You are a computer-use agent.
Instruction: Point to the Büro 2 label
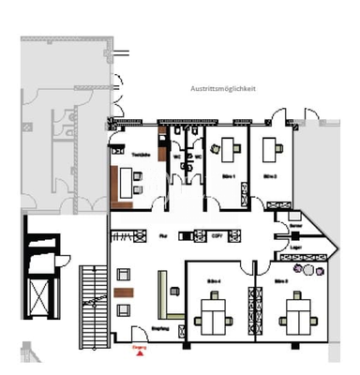[272, 175]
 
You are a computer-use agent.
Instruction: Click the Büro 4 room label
[214, 280]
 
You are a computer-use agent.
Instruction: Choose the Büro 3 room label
[280, 280]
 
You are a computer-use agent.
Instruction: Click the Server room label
[295, 228]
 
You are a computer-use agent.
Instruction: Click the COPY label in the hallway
[216, 234]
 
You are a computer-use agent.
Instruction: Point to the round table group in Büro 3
[310, 273]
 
